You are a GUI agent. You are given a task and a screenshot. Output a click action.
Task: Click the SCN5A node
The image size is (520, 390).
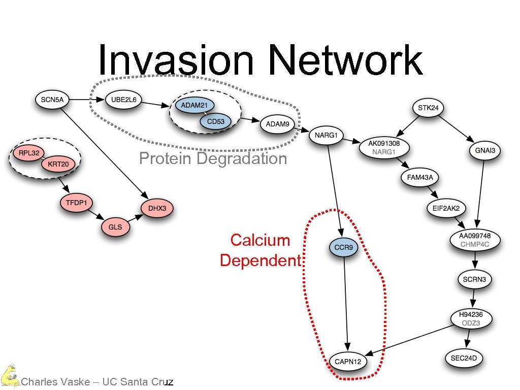click(52, 100)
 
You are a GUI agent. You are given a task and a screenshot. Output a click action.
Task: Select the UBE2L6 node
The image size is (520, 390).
click(123, 100)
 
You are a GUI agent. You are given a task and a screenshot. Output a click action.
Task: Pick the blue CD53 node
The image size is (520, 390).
click(215, 121)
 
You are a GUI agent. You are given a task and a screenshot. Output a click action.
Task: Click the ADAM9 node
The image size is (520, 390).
click(278, 124)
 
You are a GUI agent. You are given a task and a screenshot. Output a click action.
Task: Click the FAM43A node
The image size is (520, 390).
click(420, 177)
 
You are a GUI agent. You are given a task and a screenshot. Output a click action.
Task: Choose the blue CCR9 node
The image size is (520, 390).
click(344, 248)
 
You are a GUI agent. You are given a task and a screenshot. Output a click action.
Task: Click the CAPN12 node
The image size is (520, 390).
click(348, 362)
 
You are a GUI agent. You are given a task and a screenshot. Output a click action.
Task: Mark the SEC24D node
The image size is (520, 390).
click(464, 358)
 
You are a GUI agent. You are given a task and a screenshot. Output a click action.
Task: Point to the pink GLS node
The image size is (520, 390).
click(115, 227)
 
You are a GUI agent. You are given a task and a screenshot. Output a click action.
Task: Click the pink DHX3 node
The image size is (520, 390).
click(157, 208)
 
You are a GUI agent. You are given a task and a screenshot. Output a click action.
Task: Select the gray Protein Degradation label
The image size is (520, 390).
click(213, 159)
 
